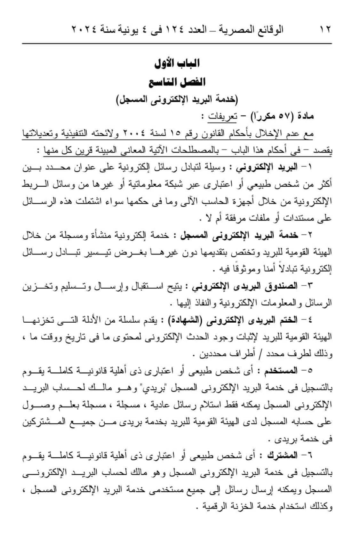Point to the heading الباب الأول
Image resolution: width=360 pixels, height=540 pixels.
click(177, 63)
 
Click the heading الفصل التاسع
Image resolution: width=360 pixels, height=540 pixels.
click(177, 82)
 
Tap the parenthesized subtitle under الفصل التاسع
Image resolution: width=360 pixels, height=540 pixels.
click(177, 100)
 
